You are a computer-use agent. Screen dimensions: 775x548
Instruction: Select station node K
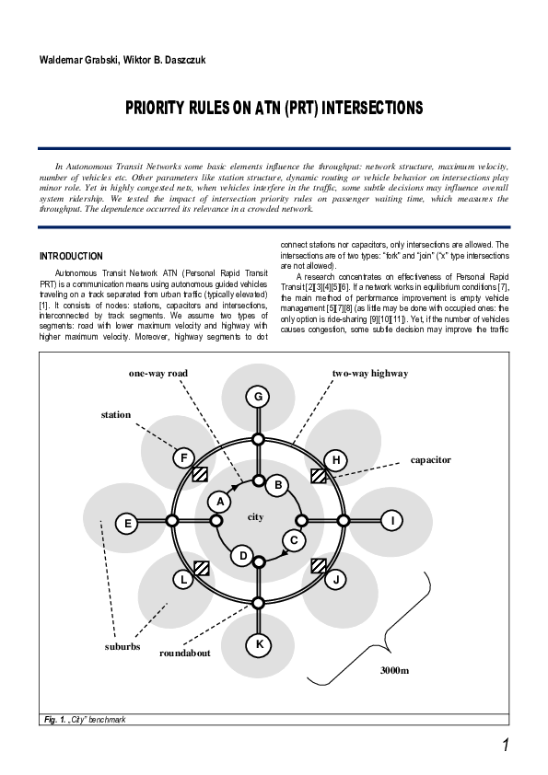pyautogui.click(x=259, y=644)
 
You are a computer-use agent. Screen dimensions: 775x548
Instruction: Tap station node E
pyautogui.click(x=128, y=523)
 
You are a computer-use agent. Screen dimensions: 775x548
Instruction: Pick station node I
pyautogui.click(x=393, y=521)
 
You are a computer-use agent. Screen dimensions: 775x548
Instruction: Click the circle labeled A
pyautogui.click(x=219, y=502)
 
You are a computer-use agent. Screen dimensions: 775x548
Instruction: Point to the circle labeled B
pyautogui.click(x=278, y=484)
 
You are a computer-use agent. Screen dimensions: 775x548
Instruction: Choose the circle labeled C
pyautogui.click(x=293, y=540)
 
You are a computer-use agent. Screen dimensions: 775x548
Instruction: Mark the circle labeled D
pyautogui.click(x=242, y=555)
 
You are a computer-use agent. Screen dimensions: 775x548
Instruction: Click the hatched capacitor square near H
pyautogui.click(x=319, y=476)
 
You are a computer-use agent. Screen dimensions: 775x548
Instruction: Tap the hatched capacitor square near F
pyautogui.click(x=200, y=475)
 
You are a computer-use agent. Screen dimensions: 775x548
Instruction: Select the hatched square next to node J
pyautogui.click(x=319, y=565)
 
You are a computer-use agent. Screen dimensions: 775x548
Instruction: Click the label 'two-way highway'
pyautogui.click(x=370, y=374)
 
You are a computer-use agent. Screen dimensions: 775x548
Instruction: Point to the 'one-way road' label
pyautogui.click(x=158, y=374)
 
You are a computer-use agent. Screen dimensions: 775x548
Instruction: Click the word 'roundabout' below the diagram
pyautogui.click(x=185, y=653)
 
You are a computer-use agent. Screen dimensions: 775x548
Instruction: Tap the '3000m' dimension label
pyautogui.click(x=394, y=670)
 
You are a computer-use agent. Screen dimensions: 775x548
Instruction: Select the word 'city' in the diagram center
pyautogui.click(x=256, y=517)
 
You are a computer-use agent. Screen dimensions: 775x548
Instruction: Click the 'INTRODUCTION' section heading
pyautogui.click(x=72, y=256)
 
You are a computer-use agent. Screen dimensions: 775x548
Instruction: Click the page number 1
pyautogui.click(x=506, y=744)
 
